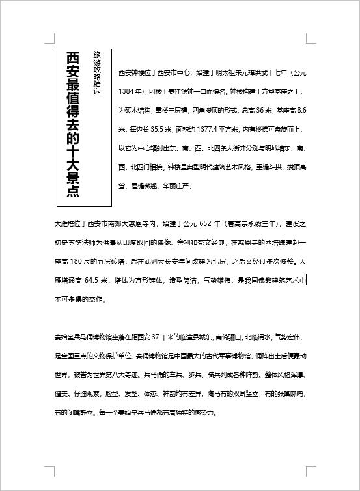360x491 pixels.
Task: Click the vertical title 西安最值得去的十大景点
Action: click(73, 124)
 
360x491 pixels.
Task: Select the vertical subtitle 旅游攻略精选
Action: click(98, 73)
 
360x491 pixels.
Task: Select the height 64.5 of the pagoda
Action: click(96, 281)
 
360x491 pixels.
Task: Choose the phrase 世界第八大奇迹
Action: click(113, 375)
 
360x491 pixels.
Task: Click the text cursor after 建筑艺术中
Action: click(306, 280)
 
